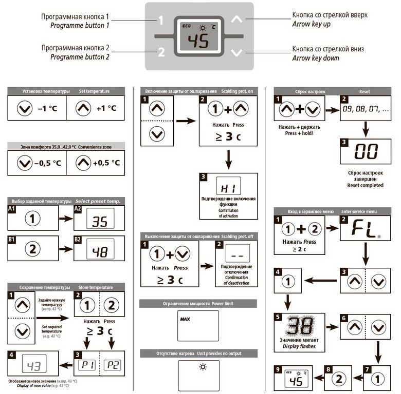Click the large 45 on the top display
click(198, 41)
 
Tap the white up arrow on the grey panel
click(236, 19)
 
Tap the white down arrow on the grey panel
click(236, 52)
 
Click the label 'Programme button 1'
click(80, 26)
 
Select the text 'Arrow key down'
click(316, 58)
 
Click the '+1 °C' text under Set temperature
click(106, 108)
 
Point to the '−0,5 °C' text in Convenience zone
click(48, 163)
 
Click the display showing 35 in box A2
click(100, 219)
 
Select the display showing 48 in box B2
click(100, 249)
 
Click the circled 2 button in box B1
click(32, 249)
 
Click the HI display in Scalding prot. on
click(228, 186)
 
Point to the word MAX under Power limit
click(185, 319)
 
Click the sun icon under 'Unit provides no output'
click(203, 367)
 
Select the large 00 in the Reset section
click(366, 151)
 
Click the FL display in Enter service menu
click(363, 229)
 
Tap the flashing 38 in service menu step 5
click(299, 325)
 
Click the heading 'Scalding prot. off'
click(238, 237)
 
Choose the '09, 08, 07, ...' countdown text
click(366, 109)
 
